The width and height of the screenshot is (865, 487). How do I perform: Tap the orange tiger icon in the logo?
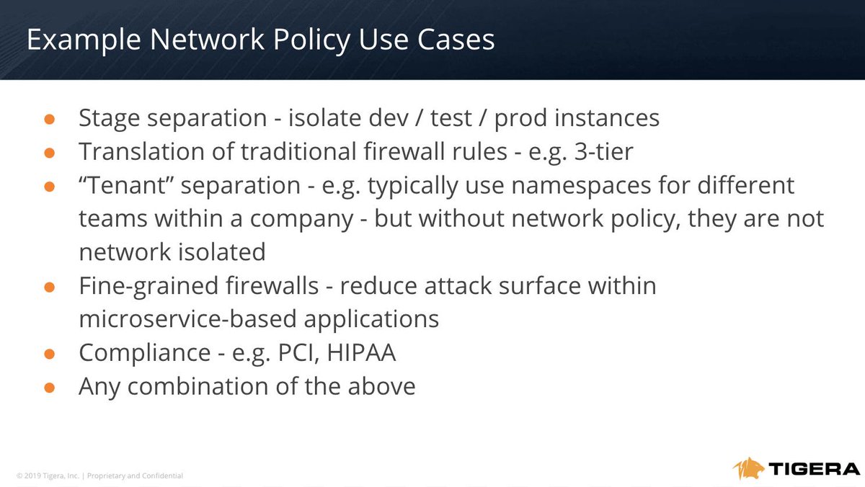coord(750,469)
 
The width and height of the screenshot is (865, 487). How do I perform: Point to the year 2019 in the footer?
coord(27,475)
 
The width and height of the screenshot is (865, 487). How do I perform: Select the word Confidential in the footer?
coord(161,475)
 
